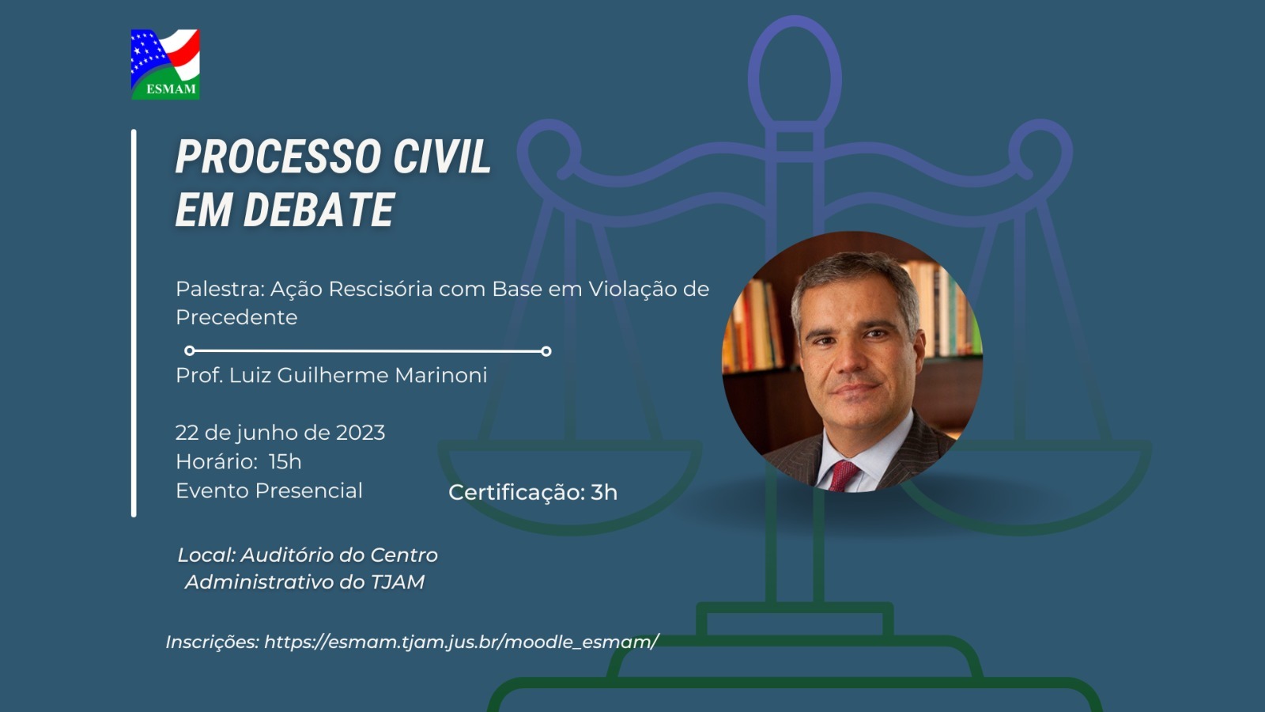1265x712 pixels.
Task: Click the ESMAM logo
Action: pos(165,64)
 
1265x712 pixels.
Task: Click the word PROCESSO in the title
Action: pos(278,156)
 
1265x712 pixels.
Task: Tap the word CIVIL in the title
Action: pos(442,156)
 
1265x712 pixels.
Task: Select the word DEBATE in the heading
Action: pos(319,210)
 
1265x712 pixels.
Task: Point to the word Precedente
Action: pos(236,317)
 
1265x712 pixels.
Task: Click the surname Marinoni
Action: pos(440,375)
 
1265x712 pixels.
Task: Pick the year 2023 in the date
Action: pos(361,433)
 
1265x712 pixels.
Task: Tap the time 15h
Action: pos(285,462)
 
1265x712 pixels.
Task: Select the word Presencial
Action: pos(308,490)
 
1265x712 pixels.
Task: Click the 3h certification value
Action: pos(604,493)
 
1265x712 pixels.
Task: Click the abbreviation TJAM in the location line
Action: pos(398,582)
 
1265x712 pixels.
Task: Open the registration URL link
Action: pos(462,642)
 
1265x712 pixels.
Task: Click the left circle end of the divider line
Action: pos(190,351)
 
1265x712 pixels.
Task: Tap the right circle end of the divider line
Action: pos(546,351)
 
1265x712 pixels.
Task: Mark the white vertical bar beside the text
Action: pos(134,324)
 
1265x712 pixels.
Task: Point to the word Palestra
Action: pos(221,289)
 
